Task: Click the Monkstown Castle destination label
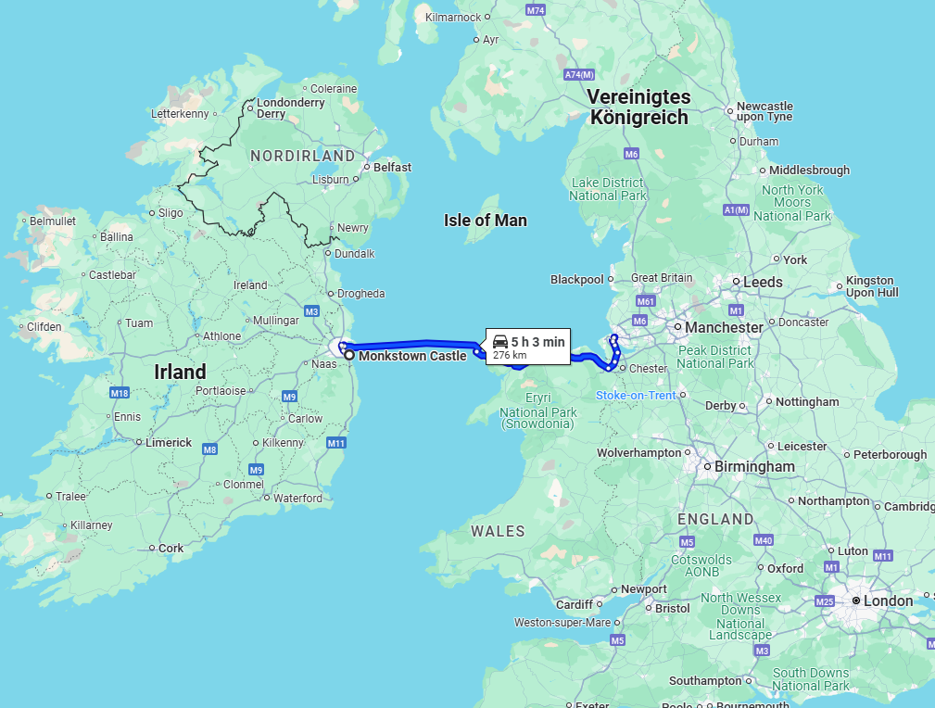(412, 356)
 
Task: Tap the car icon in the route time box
(499, 341)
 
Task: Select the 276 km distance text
(509, 355)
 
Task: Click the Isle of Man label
(485, 221)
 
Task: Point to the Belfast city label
(392, 168)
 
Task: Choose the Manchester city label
(724, 327)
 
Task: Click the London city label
(888, 601)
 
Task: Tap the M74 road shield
(536, 10)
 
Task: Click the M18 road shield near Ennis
(119, 393)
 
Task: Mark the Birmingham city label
(754, 466)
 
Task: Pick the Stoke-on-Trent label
(636, 396)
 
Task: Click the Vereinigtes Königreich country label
(639, 107)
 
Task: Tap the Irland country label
(180, 372)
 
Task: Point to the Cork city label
(171, 548)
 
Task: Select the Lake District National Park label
(608, 189)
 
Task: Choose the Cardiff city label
(575, 604)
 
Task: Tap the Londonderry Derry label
(291, 108)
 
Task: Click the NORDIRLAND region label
(302, 156)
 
